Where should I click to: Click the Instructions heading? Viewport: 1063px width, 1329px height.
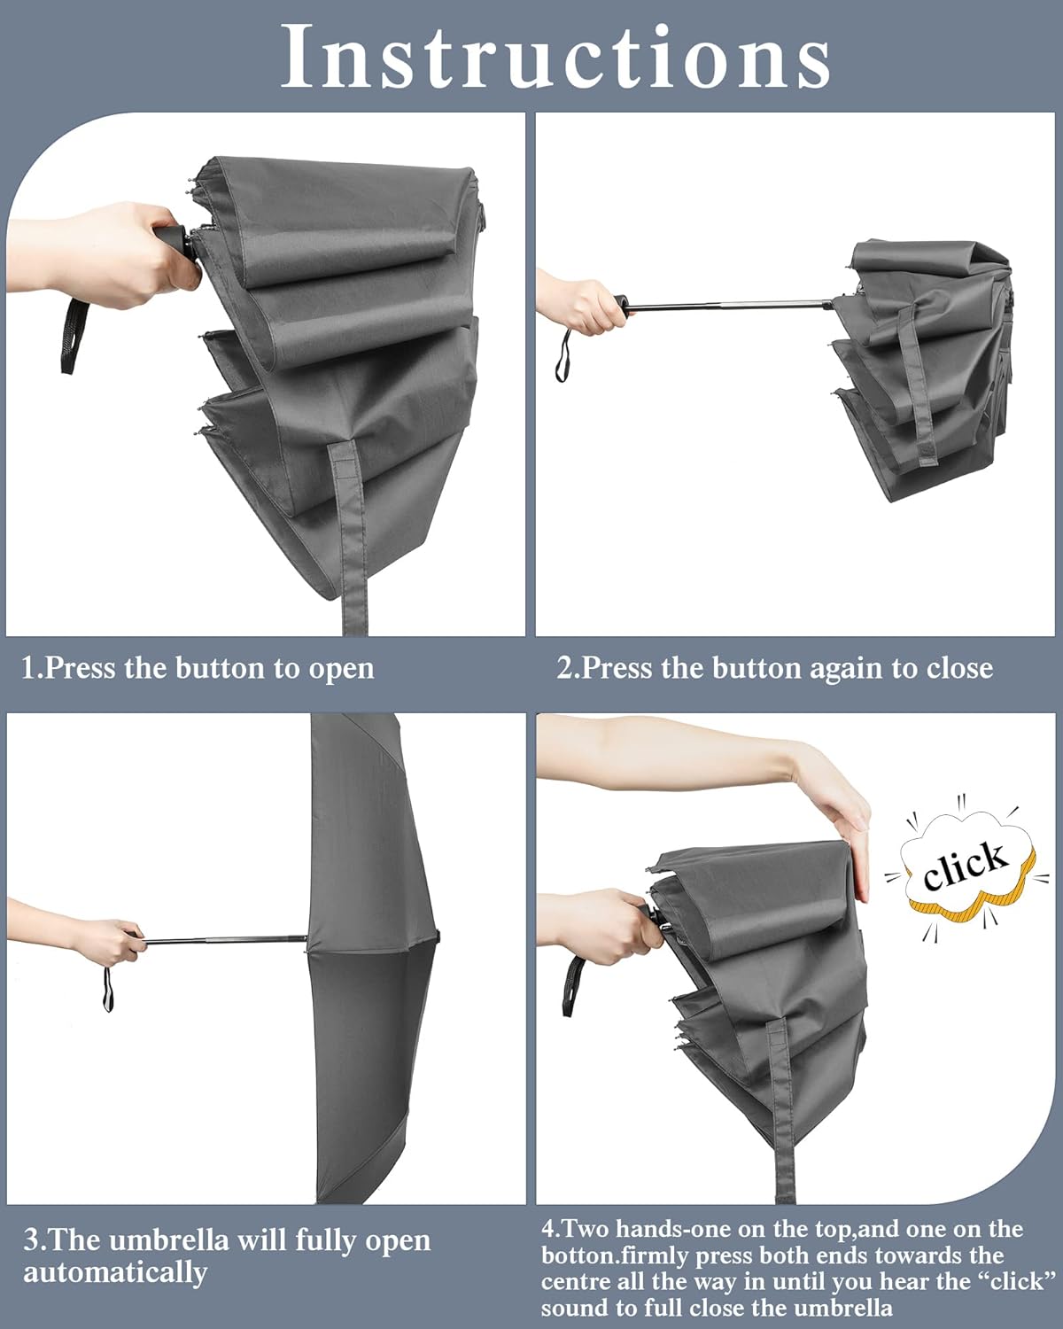556,57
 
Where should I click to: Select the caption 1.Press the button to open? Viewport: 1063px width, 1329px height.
198,668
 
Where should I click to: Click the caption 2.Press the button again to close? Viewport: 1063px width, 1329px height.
774,668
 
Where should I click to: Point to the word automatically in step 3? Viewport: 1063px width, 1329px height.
115,1273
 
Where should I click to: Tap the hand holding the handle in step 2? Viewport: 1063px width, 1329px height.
585,307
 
